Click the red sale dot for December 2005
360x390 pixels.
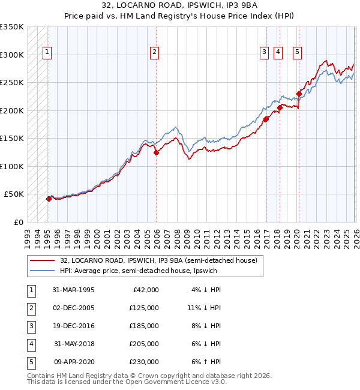coord(156,152)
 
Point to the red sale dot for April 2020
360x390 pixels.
coord(299,94)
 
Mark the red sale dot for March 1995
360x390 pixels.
coord(49,199)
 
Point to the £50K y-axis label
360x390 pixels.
coord(14,194)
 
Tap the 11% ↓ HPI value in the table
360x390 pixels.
coord(204,307)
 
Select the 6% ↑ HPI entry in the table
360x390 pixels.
coord(206,362)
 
